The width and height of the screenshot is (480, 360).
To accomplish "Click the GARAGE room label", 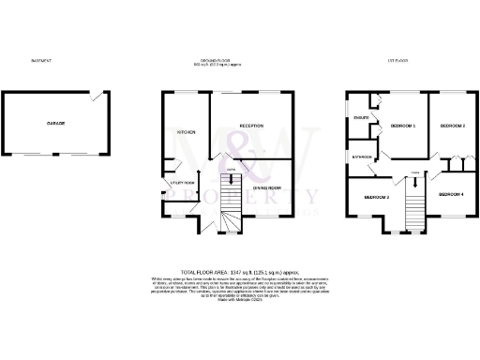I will pyautogui.click(x=55, y=125).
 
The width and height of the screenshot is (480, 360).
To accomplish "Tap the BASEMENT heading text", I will pyautogui.click(x=41, y=61).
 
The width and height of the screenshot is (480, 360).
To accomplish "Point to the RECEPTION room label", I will pyautogui.click(x=251, y=125).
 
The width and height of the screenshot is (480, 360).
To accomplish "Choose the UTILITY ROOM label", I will pyautogui.click(x=182, y=182).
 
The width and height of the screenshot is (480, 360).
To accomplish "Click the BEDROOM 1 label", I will pyautogui.click(x=401, y=126).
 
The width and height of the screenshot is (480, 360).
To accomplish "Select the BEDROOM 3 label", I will pyautogui.click(x=377, y=197).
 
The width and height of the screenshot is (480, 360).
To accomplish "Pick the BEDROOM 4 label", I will pyautogui.click(x=451, y=193).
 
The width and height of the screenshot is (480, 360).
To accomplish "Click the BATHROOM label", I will pyautogui.click(x=362, y=157).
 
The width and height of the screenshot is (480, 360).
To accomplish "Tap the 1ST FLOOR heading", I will pyautogui.click(x=406, y=61).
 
